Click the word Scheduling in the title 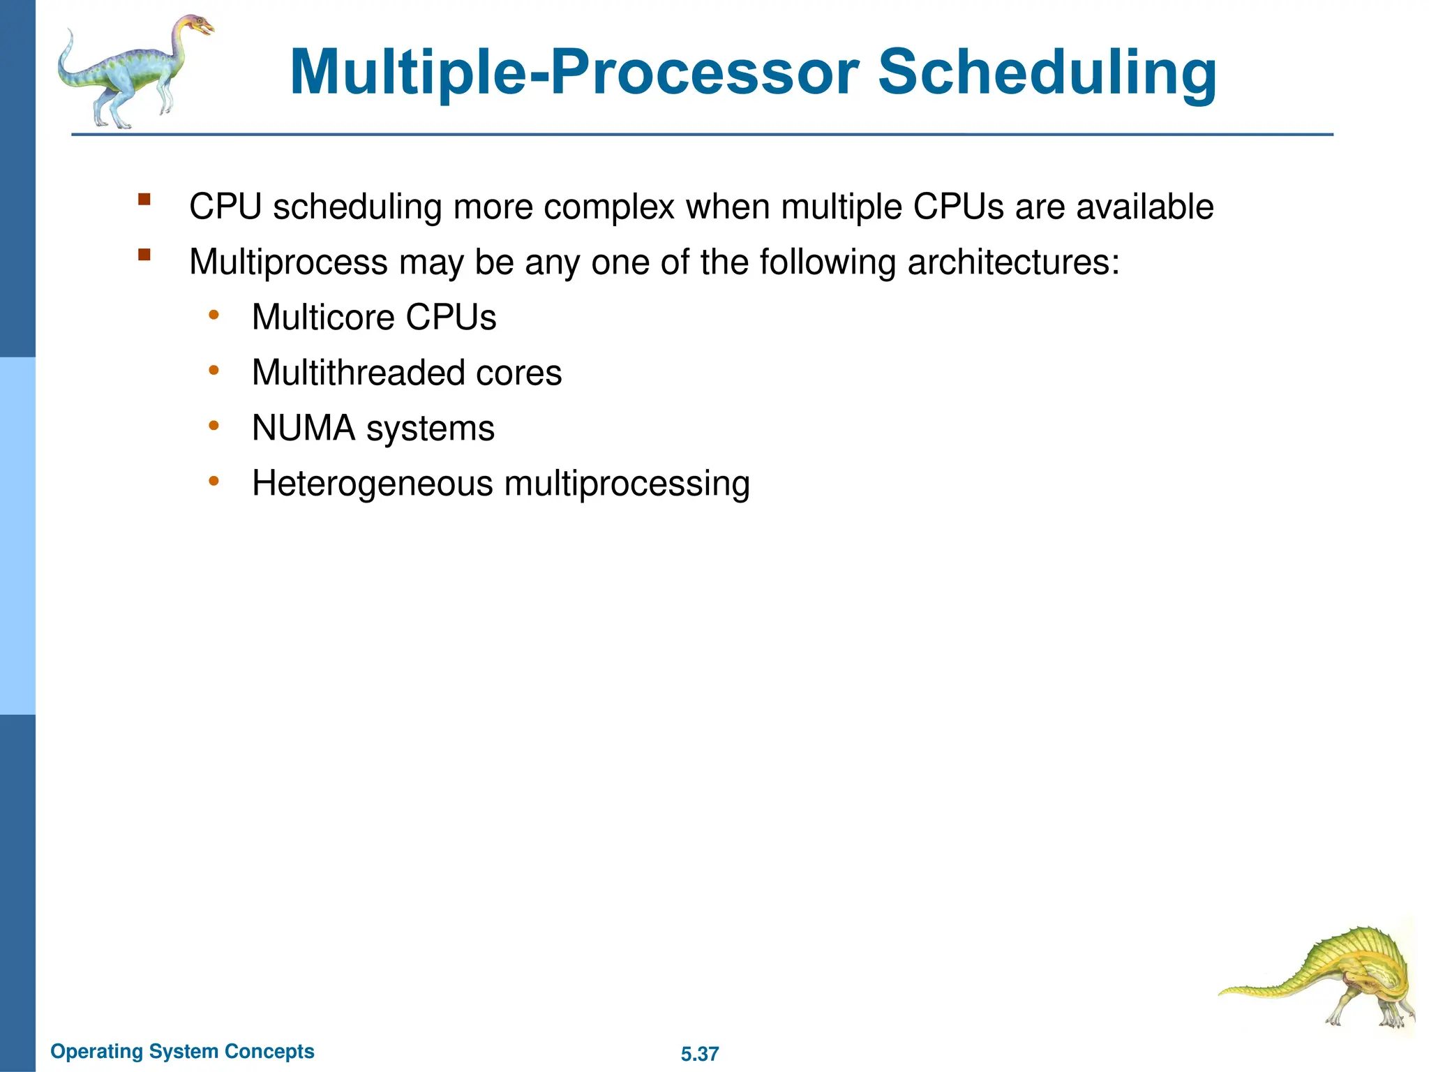(1047, 73)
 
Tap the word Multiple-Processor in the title (574, 73)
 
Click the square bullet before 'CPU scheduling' (144, 200)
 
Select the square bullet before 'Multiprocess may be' (144, 255)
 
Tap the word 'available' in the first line (1144, 207)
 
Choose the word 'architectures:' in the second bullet (1013, 263)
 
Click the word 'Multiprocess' (288, 263)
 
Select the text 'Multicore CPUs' (374, 318)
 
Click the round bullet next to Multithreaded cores (214, 371)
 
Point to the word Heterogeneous (373, 484)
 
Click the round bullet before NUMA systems (214, 426)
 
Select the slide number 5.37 (699, 1054)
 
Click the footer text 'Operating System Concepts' (183, 1051)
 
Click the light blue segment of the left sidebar (17, 536)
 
